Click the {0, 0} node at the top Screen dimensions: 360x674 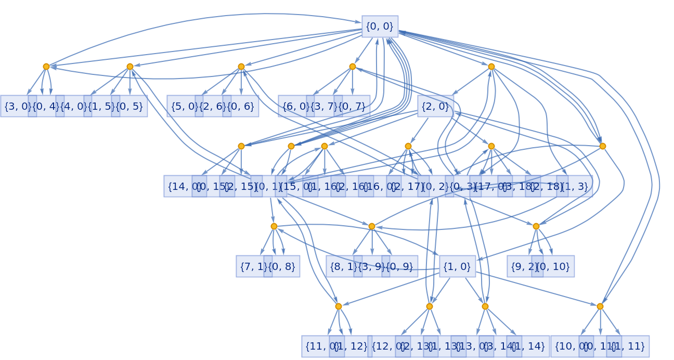click(x=380, y=27)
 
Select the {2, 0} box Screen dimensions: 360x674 click(x=435, y=106)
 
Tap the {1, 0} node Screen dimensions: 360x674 click(x=457, y=266)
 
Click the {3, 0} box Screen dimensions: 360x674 click(x=17, y=106)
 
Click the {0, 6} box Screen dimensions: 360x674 click(x=241, y=106)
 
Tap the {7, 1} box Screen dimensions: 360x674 click(x=252, y=266)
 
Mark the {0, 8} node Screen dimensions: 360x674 click(x=283, y=266)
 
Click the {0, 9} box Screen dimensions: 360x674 click(x=399, y=266)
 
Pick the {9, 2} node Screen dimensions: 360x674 click(x=522, y=266)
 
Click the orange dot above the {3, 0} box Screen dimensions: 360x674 click(x=46, y=67)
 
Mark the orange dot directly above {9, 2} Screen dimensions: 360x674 click(x=536, y=226)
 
